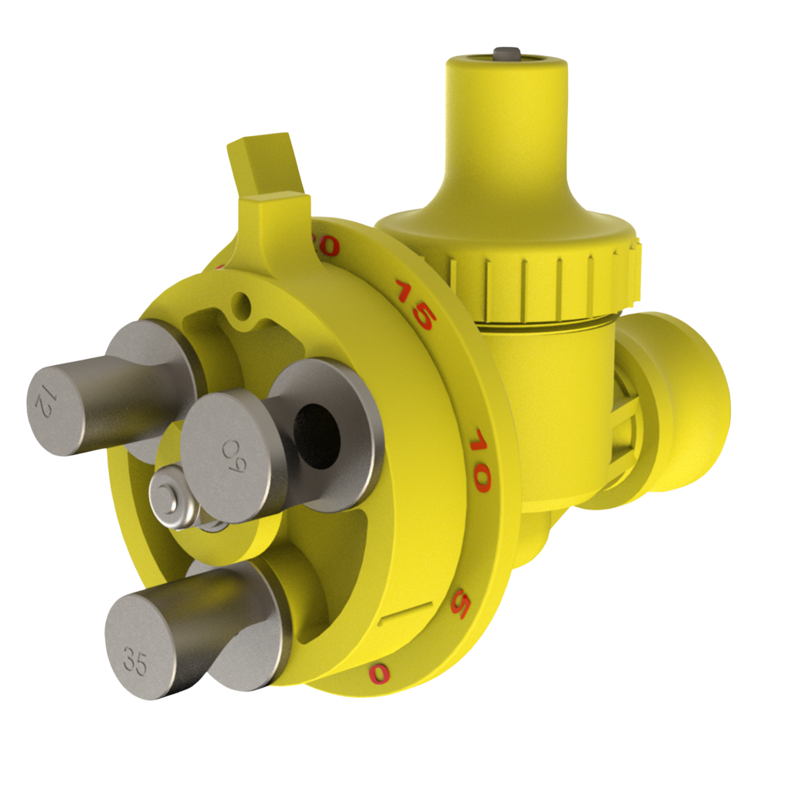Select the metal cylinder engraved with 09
(x=231, y=453)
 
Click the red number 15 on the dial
(x=414, y=304)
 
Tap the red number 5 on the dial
(x=460, y=603)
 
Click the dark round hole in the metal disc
(x=317, y=434)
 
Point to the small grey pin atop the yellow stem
(x=504, y=53)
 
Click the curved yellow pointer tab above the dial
(x=265, y=165)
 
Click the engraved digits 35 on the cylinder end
(x=135, y=662)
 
